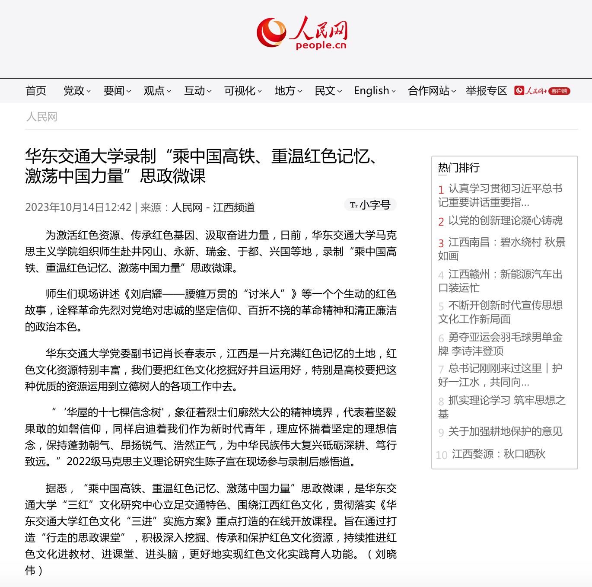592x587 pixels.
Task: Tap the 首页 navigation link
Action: click(36, 91)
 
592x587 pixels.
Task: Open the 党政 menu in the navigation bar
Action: click(76, 91)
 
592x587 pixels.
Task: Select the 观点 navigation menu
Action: click(157, 91)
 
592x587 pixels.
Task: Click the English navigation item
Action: click(374, 91)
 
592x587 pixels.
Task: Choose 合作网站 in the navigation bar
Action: click(431, 91)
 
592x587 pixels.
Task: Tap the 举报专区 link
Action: click(486, 91)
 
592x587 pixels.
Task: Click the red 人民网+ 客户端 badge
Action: click(542, 91)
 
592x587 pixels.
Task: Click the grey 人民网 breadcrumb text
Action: click(41, 117)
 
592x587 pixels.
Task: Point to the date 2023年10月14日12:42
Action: click(78, 207)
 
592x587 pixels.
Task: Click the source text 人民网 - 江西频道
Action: click(213, 207)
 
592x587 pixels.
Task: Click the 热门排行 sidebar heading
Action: click(458, 168)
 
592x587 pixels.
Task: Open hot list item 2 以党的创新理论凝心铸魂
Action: click(505, 221)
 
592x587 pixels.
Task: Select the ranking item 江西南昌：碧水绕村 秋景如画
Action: click(501, 249)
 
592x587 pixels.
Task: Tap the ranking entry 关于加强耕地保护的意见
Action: click(505, 431)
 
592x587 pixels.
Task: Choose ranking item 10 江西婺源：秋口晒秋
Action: click(498, 454)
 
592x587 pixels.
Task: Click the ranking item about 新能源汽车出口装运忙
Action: click(501, 281)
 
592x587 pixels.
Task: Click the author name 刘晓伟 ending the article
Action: click(385, 554)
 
